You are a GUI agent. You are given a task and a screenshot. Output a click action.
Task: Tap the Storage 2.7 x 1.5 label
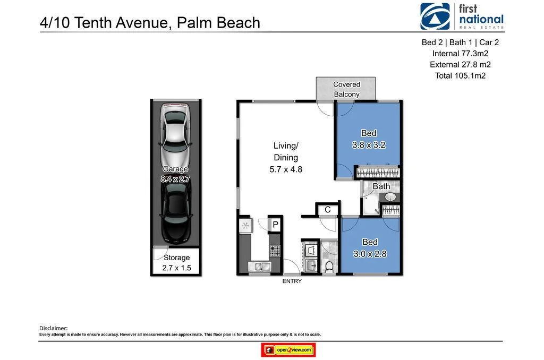[176, 263]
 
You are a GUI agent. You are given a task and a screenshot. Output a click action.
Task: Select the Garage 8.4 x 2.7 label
[175, 174]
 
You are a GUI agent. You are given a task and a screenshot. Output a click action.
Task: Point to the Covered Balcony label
[346, 89]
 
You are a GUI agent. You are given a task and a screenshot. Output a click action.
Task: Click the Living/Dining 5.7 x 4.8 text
[286, 158]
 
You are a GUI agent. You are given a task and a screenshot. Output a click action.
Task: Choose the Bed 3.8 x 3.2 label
[368, 139]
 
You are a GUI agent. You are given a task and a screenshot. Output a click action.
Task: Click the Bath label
[381, 186]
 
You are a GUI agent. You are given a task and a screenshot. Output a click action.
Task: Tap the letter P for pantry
[275, 225]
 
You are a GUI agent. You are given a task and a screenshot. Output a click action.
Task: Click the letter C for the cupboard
[328, 210]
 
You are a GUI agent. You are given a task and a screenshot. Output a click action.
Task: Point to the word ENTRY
[292, 281]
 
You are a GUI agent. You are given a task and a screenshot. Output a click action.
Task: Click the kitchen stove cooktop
[275, 250]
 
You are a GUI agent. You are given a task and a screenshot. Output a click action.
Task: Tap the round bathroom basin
[390, 198]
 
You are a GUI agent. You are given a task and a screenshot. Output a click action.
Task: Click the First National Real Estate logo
[461, 16]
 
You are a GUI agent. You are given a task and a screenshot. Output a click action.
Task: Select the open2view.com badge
[288, 350]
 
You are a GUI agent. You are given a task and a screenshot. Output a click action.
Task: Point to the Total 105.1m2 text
[460, 75]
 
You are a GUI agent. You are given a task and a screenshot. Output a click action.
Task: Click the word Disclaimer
[54, 328]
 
